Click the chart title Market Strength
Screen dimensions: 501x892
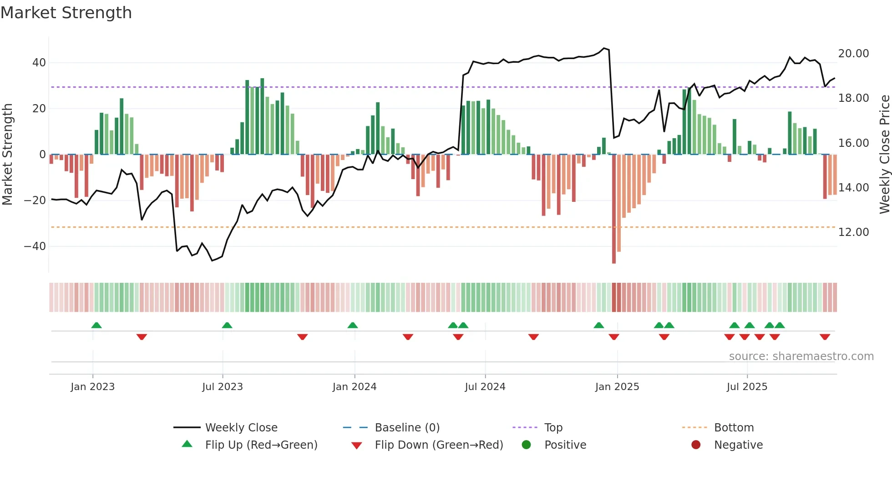66,13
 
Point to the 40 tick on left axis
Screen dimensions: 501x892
39,63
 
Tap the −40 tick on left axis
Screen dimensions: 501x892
35,246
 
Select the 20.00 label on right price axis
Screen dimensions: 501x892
853,54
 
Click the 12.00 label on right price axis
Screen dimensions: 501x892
853,232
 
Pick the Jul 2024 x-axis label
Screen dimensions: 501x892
485,387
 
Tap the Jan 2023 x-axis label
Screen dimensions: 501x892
92,387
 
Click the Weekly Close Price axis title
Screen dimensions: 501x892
884,155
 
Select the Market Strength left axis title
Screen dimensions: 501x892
7,155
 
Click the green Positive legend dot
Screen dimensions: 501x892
526,445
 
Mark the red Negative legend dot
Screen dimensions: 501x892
696,445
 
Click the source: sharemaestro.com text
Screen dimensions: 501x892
801,356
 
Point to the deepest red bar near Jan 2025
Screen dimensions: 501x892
614,209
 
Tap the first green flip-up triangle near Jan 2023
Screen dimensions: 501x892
96,325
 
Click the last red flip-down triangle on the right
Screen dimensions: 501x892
825,337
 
